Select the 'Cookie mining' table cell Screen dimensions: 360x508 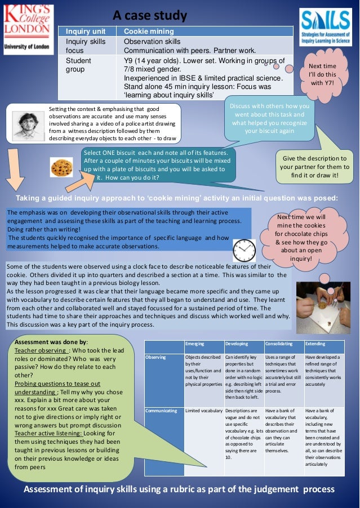[149, 32]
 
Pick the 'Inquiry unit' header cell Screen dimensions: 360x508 [86, 32]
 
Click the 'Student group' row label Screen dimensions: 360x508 [78, 65]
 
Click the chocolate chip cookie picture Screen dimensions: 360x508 [61, 167]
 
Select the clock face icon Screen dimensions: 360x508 [243, 249]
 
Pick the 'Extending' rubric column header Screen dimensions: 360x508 [324, 344]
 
